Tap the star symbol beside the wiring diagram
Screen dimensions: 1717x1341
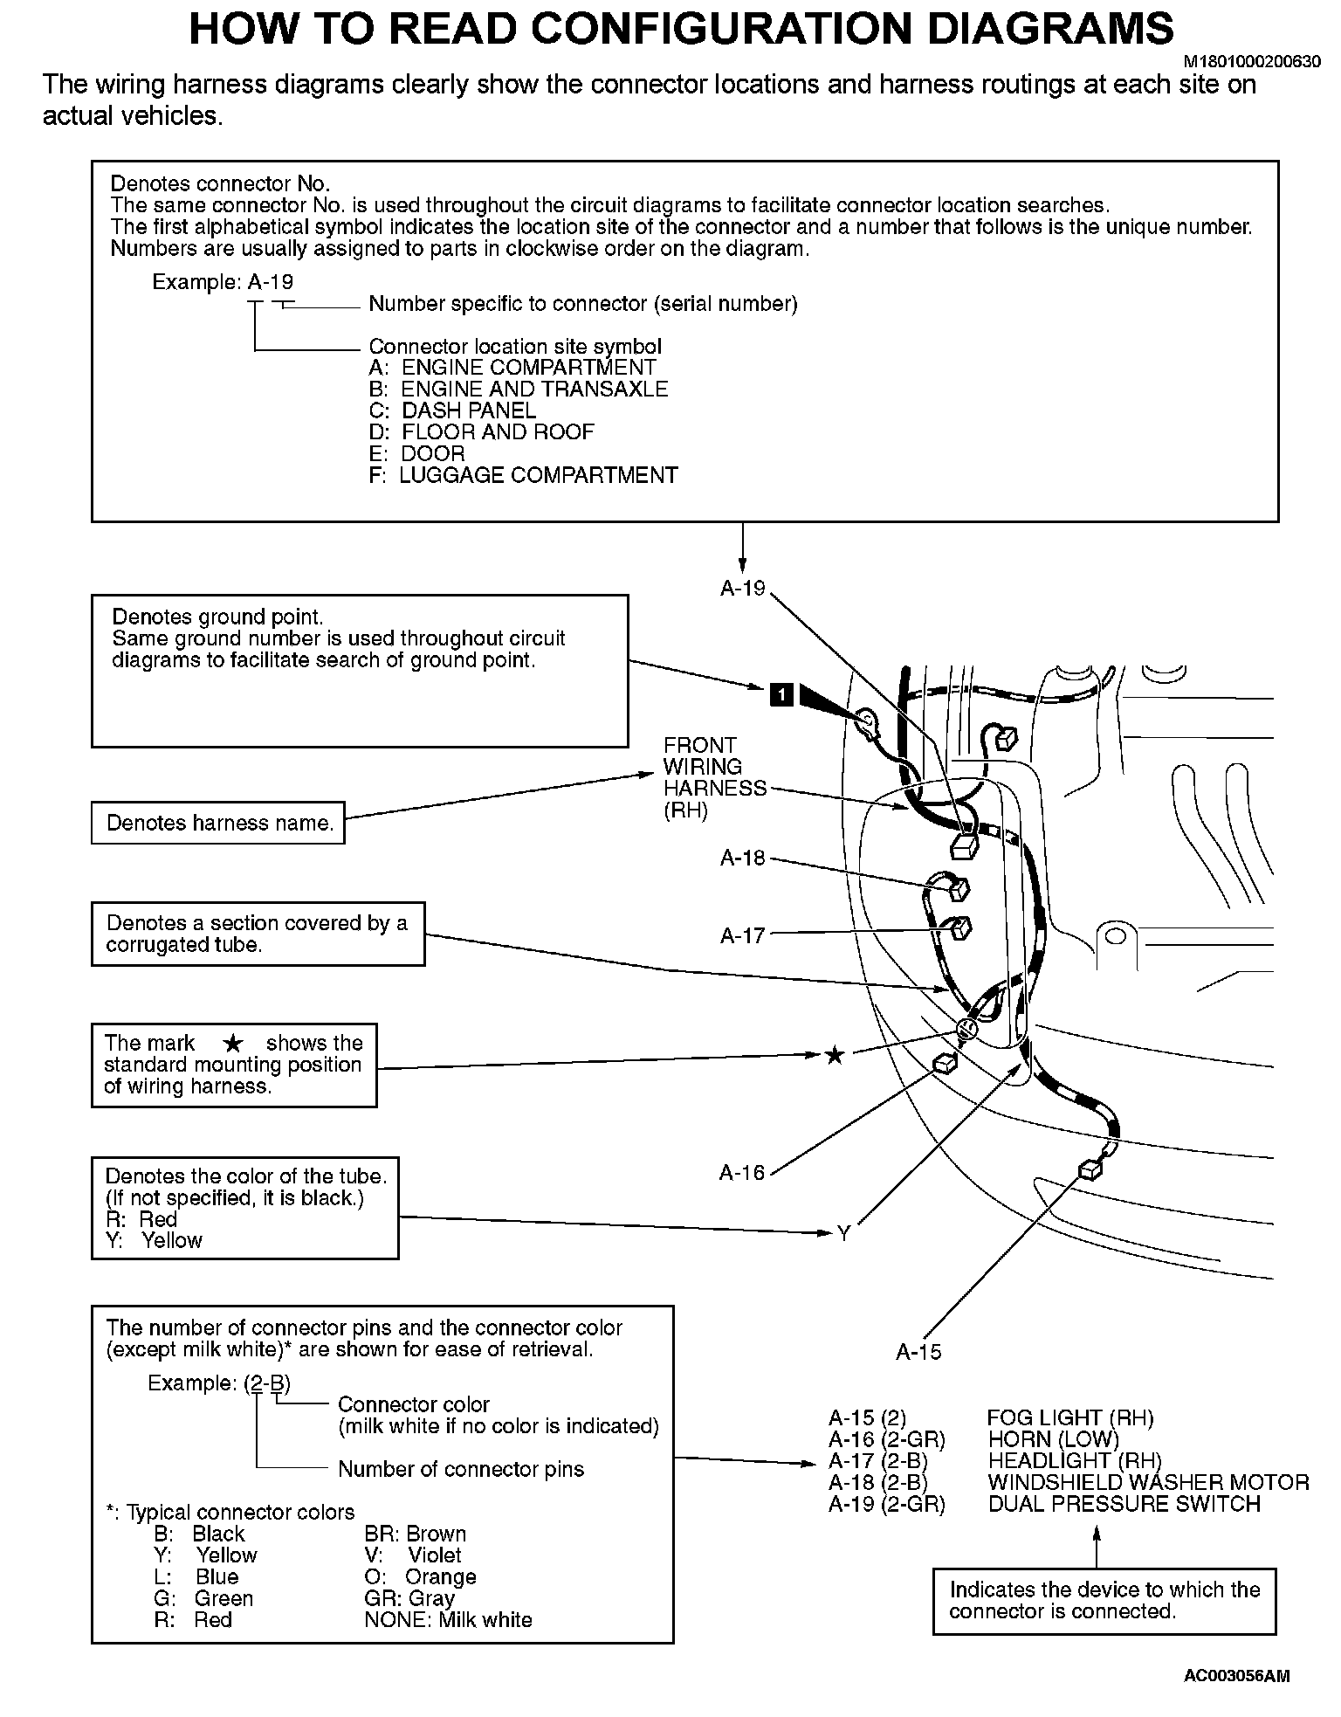pyautogui.click(x=835, y=1055)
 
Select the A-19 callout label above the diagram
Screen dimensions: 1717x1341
pyautogui.click(x=742, y=589)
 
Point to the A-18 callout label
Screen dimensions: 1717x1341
pyautogui.click(x=742, y=858)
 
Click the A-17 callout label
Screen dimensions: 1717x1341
pyautogui.click(x=742, y=936)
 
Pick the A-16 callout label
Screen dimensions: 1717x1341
pyautogui.click(x=741, y=1173)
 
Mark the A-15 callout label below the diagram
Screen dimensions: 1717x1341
pyautogui.click(x=918, y=1352)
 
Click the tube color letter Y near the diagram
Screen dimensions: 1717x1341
pyautogui.click(x=843, y=1233)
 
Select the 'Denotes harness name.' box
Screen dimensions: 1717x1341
pyautogui.click(x=218, y=823)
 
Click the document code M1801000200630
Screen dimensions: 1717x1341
pyautogui.click(x=1251, y=62)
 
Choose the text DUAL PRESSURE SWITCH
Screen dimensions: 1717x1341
pyautogui.click(x=1124, y=1504)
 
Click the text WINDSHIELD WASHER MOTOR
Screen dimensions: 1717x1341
pyautogui.click(x=1148, y=1482)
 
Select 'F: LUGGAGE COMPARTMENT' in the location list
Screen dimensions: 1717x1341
pyautogui.click(x=523, y=475)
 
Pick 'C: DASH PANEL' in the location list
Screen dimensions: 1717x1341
pyautogui.click(x=452, y=410)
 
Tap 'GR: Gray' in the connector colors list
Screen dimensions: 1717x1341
pyautogui.click(x=409, y=1598)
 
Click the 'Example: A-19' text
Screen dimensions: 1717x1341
pyautogui.click(x=223, y=282)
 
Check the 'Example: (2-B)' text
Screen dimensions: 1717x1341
pyautogui.click(x=218, y=1383)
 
